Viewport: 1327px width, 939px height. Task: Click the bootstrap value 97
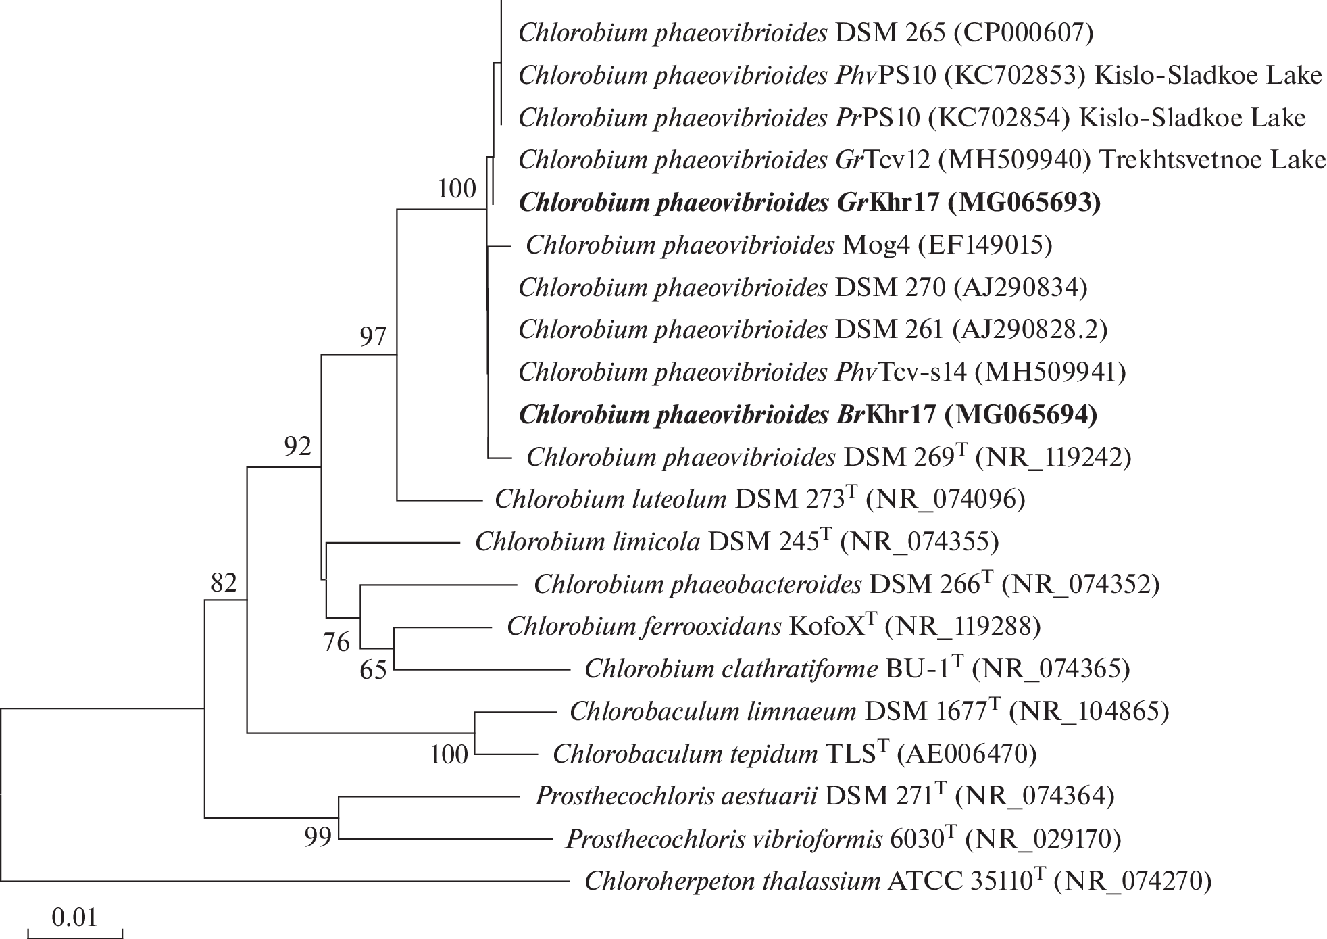pyautogui.click(x=372, y=336)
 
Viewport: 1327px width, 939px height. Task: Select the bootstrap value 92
pyautogui.click(x=297, y=446)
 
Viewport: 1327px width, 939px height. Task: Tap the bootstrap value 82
pyautogui.click(x=224, y=582)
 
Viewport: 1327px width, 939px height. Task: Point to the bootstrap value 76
pyautogui.click(x=336, y=642)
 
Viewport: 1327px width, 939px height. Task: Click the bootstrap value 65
pyautogui.click(x=373, y=670)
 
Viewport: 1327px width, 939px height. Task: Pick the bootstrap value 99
pyautogui.click(x=318, y=838)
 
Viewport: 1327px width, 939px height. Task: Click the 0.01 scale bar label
pyautogui.click(x=74, y=917)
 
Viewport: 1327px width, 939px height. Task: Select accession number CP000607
pyautogui.click(x=1022, y=32)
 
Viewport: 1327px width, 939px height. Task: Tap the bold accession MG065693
pyautogui.click(x=1024, y=202)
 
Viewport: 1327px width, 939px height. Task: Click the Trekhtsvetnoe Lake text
pyautogui.click(x=1212, y=160)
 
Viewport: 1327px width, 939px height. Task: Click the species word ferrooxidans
pyautogui.click(x=712, y=627)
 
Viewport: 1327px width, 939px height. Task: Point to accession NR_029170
pyautogui.click(x=1043, y=839)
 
